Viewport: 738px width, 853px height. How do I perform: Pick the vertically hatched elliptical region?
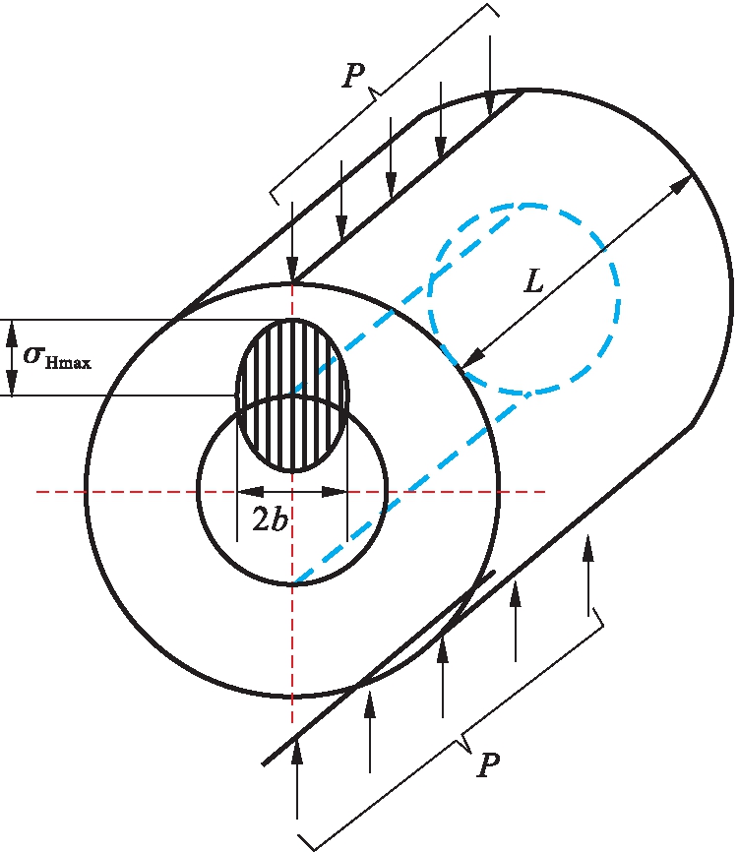[292, 394]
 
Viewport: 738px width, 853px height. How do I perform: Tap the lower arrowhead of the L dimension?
[469, 361]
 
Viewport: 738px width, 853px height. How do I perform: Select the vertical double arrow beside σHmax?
[12, 357]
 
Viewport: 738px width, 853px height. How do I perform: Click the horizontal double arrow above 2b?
[292, 491]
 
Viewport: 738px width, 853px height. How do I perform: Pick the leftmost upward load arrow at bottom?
[296, 777]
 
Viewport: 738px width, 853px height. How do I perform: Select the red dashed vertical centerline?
[292, 640]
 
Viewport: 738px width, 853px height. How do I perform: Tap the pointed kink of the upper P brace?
[375, 91]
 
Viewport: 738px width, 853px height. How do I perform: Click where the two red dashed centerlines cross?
[292, 491]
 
